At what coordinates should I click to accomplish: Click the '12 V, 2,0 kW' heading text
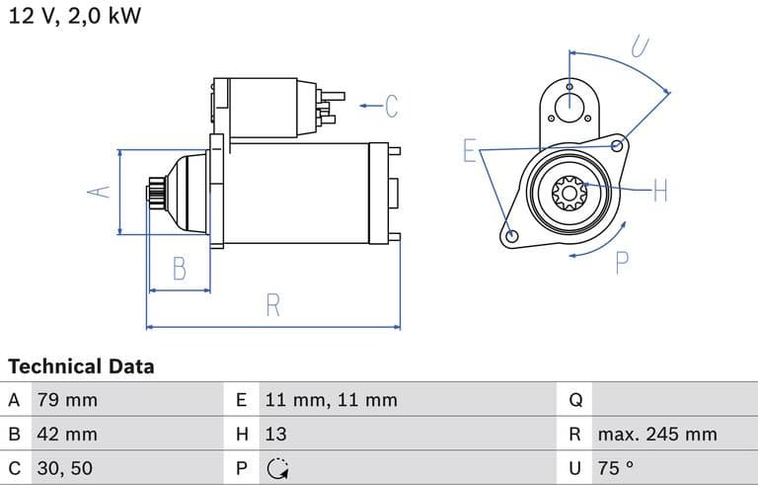[75, 18]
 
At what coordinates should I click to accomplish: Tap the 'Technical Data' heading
[81, 366]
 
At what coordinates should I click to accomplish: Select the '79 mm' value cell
[67, 400]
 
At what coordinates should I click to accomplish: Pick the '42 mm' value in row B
[67, 434]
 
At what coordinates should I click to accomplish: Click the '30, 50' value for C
[64, 467]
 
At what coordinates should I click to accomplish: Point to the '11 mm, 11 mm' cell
[331, 400]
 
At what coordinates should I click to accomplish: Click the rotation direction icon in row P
[277, 467]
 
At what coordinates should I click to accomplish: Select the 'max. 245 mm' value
[656, 434]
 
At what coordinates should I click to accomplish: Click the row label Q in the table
[576, 400]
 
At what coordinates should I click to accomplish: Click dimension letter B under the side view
[179, 268]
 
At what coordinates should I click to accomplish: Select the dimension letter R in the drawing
[273, 305]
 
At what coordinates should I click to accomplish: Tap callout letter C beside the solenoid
[391, 105]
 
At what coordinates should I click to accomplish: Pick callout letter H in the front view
[660, 191]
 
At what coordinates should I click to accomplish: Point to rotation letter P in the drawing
[622, 262]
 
